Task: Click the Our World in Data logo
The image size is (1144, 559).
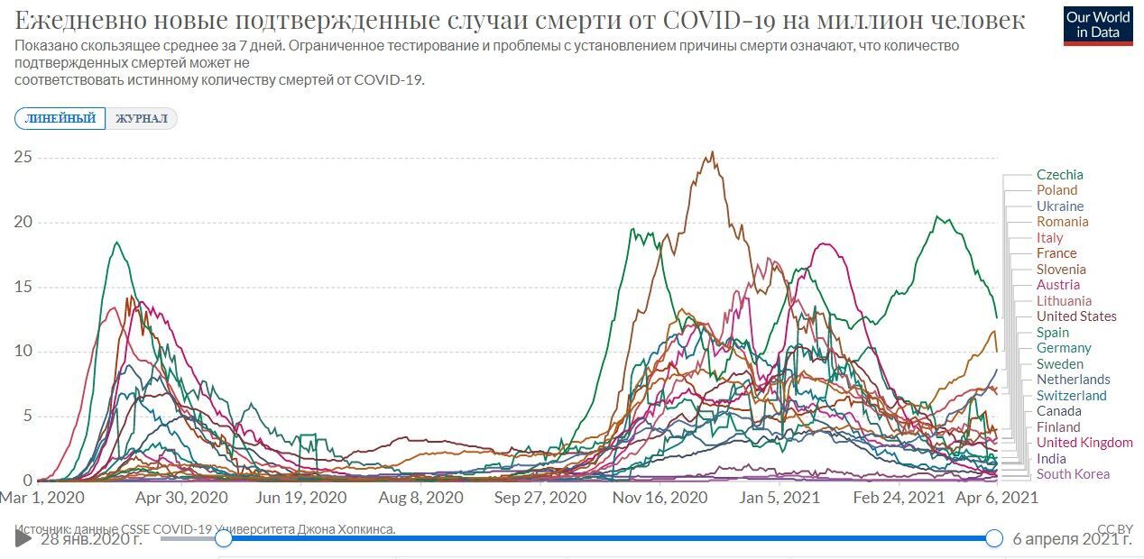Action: click(x=1098, y=25)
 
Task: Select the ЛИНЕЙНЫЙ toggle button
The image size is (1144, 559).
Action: click(x=60, y=119)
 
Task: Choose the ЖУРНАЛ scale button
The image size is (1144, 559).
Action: click(x=142, y=119)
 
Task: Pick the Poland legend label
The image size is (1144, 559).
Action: click(x=1056, y=190)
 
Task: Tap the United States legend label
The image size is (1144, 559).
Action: click(x=1075, y=316)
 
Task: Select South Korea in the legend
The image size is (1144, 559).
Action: click(x=1073, y=474)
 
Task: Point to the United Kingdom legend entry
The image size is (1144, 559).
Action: click(x=1084, y=443)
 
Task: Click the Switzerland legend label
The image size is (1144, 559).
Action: click(x=1071, y=396)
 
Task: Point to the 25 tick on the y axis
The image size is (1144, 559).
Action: click(x=23, y=158)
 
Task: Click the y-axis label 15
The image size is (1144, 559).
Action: click(x=23, y=287)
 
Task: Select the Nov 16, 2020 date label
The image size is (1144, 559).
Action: click(x=656, y=497)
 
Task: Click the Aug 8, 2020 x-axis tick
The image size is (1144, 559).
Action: click(x=420, y=497)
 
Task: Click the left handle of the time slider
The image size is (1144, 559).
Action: click(x=224, y=538)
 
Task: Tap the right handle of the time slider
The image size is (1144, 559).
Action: click(x=993, y=538)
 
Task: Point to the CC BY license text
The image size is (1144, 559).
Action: click(x=1114, y=529)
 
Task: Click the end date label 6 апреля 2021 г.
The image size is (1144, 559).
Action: click(x=1072, y=539)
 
